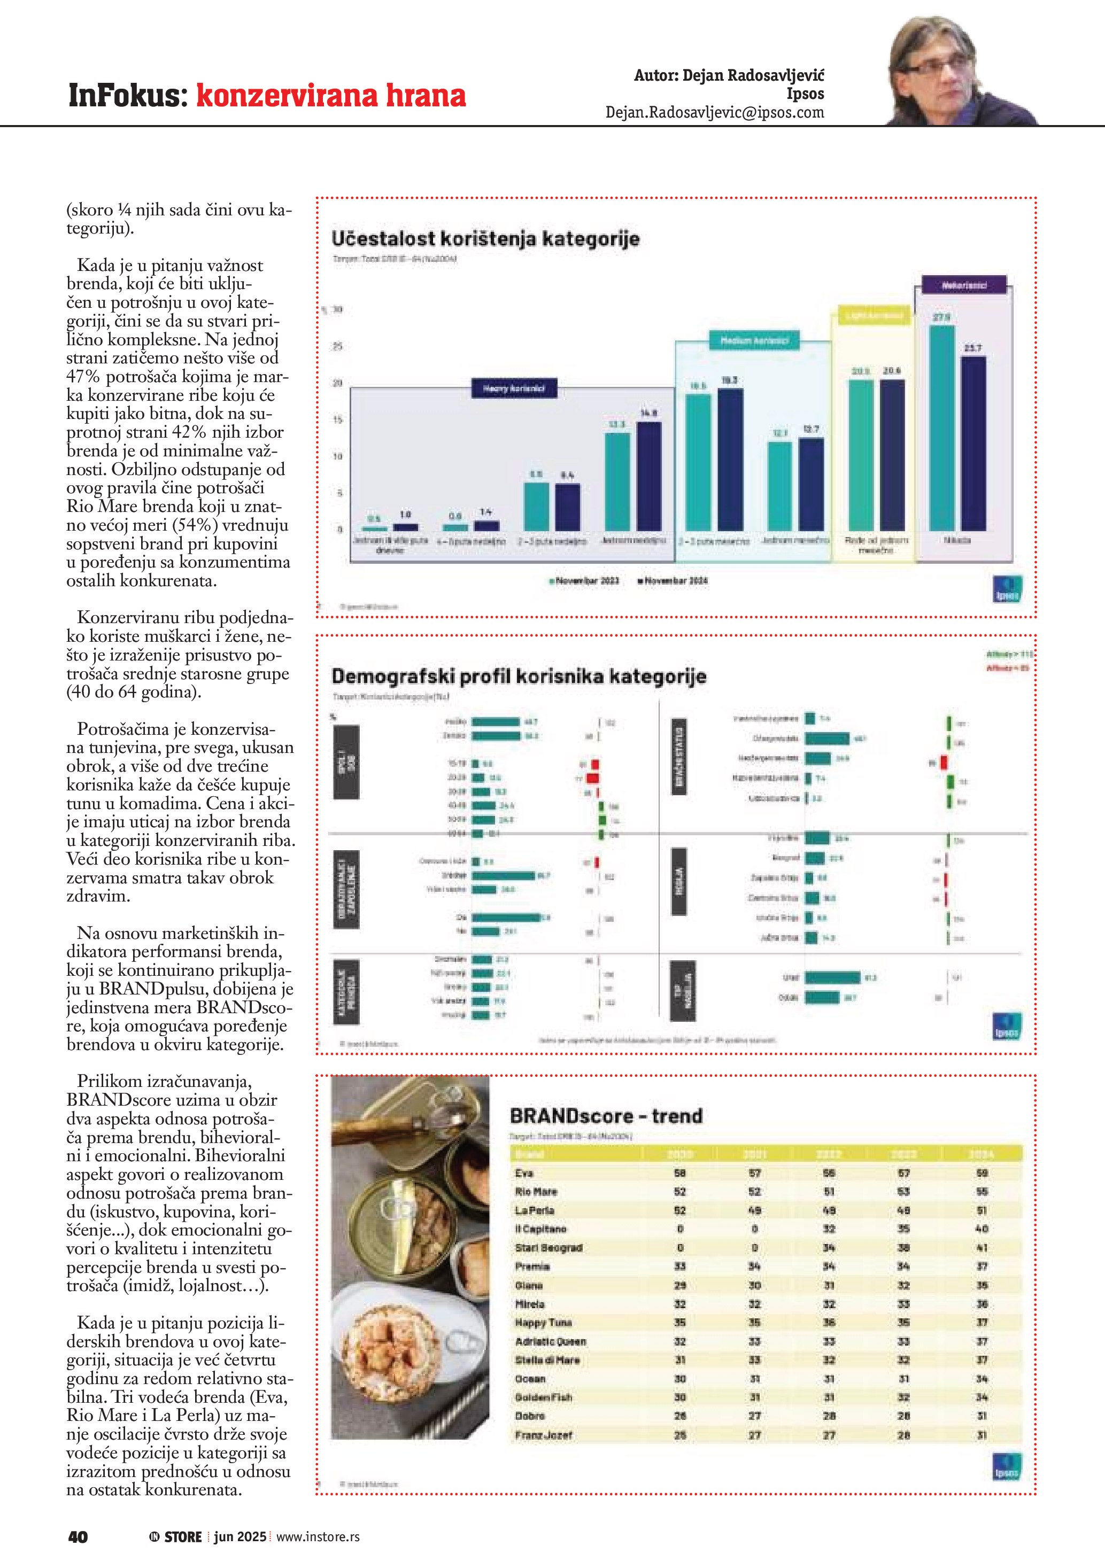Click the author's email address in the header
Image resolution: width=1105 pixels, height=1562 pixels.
coord(714,113)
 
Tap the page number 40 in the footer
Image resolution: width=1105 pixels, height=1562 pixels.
coord(78,1537)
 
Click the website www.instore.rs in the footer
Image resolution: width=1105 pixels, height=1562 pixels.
coord(318,1537)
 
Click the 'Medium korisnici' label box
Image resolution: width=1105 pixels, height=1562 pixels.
coord(754,340)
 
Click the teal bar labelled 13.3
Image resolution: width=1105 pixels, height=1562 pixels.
coord(617,481)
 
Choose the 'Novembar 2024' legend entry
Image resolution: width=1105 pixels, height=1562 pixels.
coord(673,581)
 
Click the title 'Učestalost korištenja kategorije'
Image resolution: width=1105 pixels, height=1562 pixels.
coord(485,239)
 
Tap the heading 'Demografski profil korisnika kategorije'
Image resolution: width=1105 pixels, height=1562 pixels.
coord(519,676)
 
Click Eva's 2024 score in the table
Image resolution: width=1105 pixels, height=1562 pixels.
coord(981,1173)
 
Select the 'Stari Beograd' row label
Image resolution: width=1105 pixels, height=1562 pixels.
coord(548,1248)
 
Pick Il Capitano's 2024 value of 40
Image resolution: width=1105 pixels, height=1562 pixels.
coord(981,1229)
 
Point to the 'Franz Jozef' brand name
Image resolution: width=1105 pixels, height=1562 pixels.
coord(543,1435)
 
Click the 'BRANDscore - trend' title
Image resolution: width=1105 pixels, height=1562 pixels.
coord(606,1116)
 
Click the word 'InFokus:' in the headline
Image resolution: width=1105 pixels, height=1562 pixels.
coord(128,95)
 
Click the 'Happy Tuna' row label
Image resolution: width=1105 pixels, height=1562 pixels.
coord(543,1323)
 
